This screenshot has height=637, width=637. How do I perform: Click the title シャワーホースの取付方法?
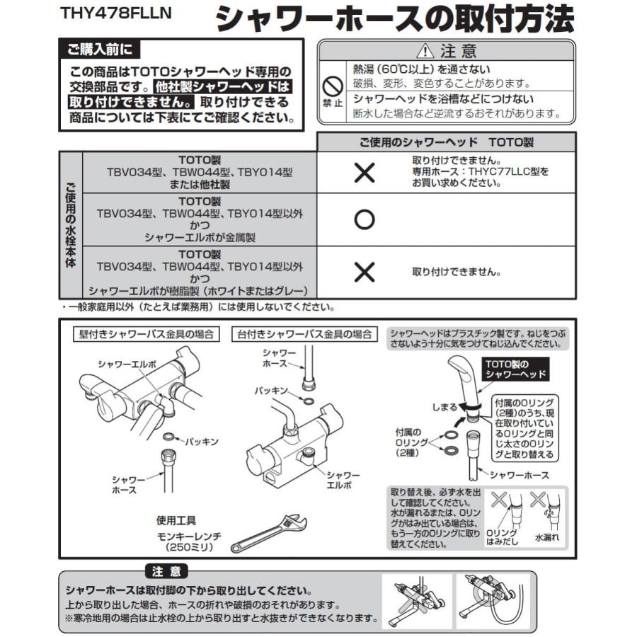tap(395, 19)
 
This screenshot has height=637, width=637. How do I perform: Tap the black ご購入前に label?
tap(99, 50)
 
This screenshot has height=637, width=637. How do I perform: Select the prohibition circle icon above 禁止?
tap(333, 86)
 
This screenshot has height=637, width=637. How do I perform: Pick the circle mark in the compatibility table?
tap(364, 220)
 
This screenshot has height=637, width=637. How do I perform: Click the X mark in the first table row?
tap(364, 172)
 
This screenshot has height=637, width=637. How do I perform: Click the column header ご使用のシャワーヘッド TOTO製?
tap(447, 142)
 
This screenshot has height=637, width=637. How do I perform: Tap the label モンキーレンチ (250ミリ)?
tap(188, 541)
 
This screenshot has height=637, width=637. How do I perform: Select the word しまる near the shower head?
tap(445, 408)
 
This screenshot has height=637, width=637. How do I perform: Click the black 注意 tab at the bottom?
tap(166, 571)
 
